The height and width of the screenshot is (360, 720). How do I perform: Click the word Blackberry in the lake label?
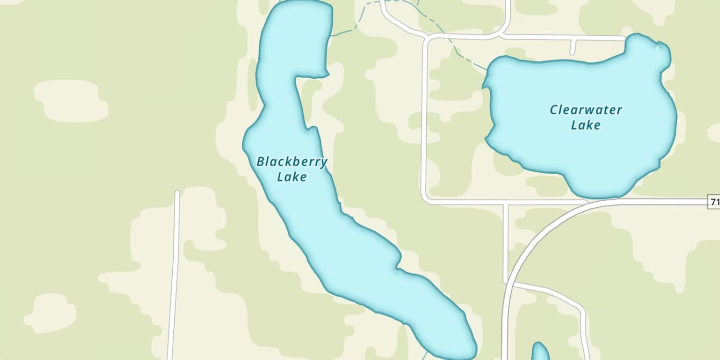click(x=292, y=162)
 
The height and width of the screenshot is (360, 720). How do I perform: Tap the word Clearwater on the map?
click(x=586, y=110)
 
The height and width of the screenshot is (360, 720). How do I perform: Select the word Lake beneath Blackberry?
click(x=292, y=177)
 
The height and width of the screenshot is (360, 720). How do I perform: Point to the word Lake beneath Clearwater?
click(x=586, y=125)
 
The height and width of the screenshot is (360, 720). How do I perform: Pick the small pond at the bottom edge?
click(x=540, y=352)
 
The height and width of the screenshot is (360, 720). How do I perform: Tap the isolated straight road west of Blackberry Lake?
click(x=174, y=274)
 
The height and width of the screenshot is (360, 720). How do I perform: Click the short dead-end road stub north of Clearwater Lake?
click(x=573, y=47)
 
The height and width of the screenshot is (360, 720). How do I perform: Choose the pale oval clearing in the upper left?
click(x=71, y=100)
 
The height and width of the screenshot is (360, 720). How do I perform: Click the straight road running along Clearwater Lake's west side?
click(x=424, y=120)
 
